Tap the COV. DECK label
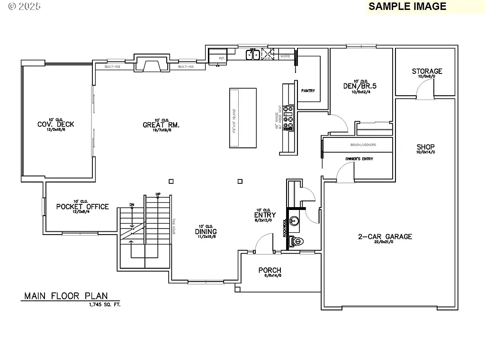tap(56, 125)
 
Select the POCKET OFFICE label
tap(82, 207)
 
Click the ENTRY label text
tap(265, 215)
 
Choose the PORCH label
tap(269, 271)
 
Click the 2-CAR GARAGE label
tap(385, 237)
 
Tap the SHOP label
tap(425, 147)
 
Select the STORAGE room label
tap(427, 72)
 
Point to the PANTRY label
tap(308, 91)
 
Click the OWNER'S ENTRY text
tap(359, 159)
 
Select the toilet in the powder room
tap(296, 241)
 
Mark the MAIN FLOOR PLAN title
tap(66, 296)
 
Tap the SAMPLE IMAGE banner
tap(407, 6)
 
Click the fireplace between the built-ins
tap(152, 64)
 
